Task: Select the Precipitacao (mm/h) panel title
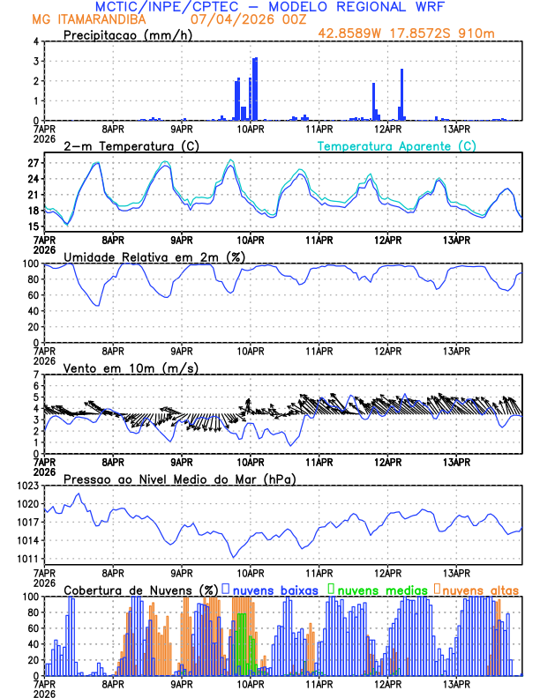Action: [126, 35]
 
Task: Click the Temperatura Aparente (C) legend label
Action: [397, 145]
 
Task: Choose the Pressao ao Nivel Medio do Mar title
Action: [179, 479]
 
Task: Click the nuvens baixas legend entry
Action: [274, 590]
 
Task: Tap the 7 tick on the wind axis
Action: [36, 375]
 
